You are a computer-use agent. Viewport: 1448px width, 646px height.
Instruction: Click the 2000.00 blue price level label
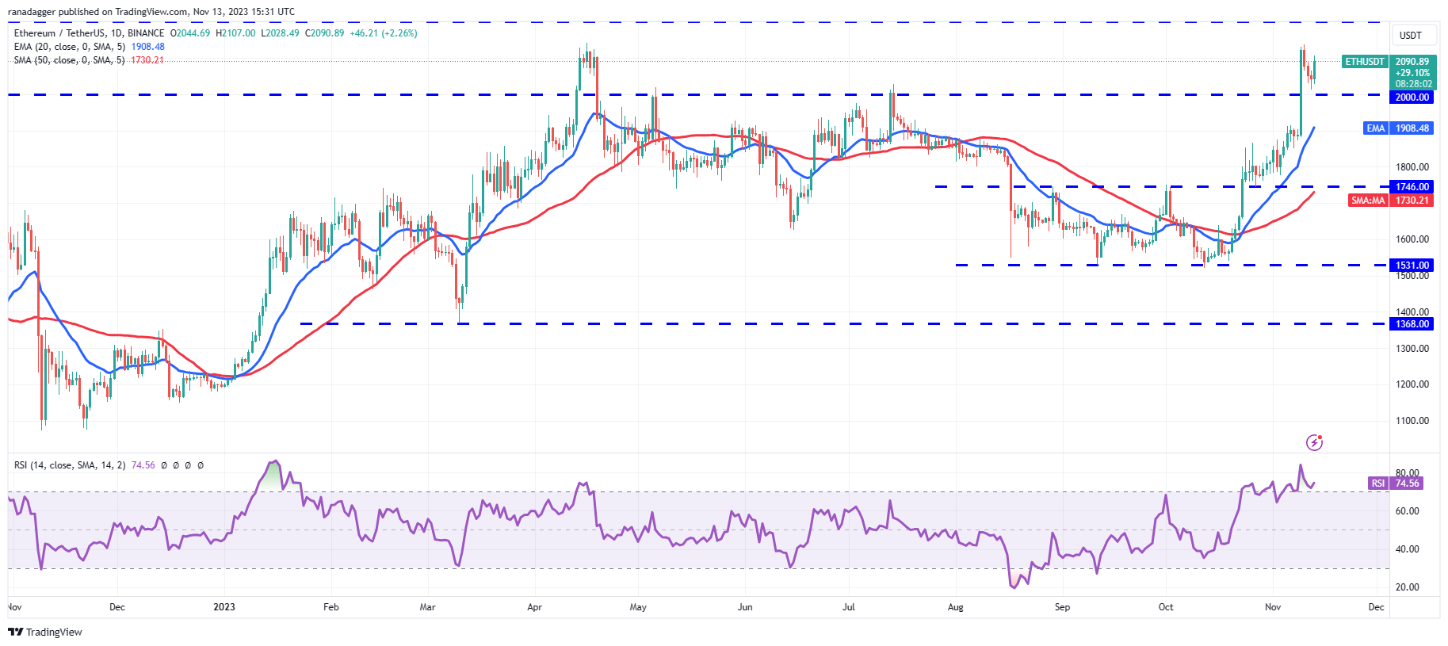[1412, 97]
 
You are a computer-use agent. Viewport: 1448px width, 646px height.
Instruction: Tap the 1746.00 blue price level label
[1412, 187]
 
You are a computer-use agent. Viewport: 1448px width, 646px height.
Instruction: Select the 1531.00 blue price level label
[1412, 266]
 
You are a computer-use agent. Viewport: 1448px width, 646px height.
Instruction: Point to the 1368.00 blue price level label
[1412, 324]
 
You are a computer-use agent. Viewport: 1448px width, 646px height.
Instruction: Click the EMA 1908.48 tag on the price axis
[1398, 128]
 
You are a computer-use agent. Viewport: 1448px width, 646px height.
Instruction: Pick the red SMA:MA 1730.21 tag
[1390, 201]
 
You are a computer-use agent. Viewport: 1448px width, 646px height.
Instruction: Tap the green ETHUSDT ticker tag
[1365, 62]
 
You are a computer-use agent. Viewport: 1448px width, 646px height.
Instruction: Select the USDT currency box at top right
[1411, 36]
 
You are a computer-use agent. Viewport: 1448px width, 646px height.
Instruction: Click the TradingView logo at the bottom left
[45, 632]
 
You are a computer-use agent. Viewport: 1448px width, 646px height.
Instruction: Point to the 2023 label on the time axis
[224, 607]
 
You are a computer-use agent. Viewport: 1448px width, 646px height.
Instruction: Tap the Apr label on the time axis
[534, 607]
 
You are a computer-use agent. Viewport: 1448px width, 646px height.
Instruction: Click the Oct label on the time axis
[1166, 607]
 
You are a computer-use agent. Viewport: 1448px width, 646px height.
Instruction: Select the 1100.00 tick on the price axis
[1412, 421]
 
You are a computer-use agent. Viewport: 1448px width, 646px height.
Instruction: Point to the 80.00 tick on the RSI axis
[1407, 473]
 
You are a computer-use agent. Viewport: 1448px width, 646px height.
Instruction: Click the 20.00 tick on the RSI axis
[1407, 587]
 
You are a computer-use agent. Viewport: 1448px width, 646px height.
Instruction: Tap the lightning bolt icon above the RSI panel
[1314, 442]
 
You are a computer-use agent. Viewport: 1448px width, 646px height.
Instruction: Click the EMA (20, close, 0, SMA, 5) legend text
[70, 47]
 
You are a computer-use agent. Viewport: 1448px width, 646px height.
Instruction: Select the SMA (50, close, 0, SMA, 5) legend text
[70, 60]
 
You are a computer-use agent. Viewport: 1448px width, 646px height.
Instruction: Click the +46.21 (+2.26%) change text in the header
[383, 33]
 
